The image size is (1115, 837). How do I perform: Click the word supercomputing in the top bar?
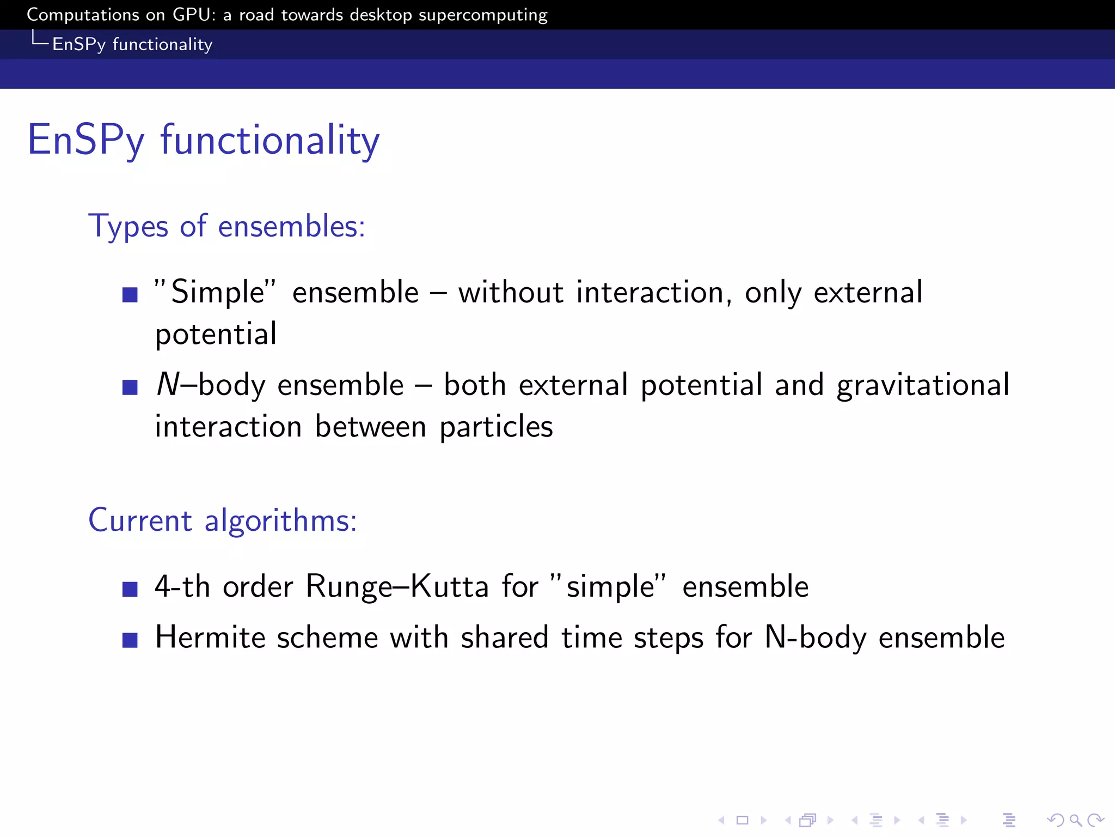482,15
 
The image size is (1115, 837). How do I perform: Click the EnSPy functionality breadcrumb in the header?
132,44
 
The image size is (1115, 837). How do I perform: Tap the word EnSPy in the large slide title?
86,140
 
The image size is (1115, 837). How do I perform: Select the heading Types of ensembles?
226,226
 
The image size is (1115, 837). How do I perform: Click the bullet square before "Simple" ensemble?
130,295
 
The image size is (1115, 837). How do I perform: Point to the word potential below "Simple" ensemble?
216,334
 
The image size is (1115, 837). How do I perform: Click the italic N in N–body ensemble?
167,384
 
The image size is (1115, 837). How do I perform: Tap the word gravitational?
923,385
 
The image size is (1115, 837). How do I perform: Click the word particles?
496,427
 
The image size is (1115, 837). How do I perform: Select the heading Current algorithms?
222,520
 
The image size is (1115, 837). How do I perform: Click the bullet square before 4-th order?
130,589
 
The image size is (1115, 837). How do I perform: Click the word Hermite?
210,637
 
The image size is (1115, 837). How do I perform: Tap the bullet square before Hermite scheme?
130,640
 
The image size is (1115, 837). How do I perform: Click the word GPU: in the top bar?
194,15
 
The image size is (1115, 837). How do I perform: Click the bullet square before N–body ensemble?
130,387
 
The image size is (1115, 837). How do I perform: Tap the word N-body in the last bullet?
815,637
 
